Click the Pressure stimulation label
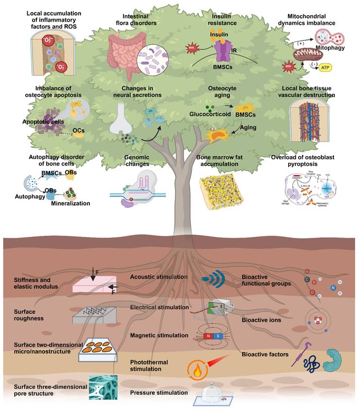click(158, 392)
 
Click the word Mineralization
click(71, 203)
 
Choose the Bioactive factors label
click(266, 354)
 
